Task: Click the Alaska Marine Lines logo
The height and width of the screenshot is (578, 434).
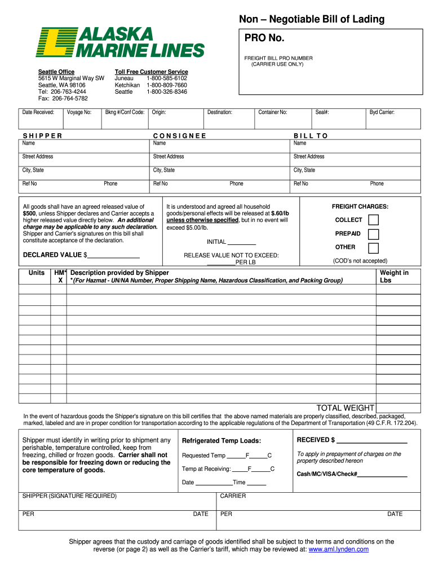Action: pyautogui.click(x=120, y=42)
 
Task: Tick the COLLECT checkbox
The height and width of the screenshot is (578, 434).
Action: pyautogui.click(x=373, y=220)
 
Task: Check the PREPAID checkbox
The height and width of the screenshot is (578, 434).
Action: pyautogui.click(x=373, y=234)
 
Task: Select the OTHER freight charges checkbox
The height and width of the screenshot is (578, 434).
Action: pyautogui.click(x=373, y=248)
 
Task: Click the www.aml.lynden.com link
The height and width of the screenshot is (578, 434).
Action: pyautogui.click(x=339, y=549)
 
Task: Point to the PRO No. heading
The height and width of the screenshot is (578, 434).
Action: pyautogui.click(x=264, y=38)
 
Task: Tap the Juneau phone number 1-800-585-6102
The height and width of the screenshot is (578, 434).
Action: pyautogui.click(x=167, y=78)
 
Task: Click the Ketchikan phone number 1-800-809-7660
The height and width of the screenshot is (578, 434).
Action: pyautogui.click(x=167, y=85)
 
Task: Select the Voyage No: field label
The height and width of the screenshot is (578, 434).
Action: pyautogui.click(x=79, y=112)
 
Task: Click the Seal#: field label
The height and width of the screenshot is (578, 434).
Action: pyautogui.click(x=322, y=112)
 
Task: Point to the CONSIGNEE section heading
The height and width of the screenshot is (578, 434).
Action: pyautogui.click(x=180, y=136)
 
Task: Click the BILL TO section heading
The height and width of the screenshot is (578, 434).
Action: pyautogui.click(x=311, y=136)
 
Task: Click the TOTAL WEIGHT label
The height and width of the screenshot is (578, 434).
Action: pyautogui.click(x=345, y=408)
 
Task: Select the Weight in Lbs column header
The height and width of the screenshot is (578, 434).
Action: pyautogui.click(x=394, y=277)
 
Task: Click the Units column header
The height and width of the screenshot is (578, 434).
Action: pyautogui.click(x=37, y=273)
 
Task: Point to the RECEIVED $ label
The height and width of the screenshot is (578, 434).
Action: pyautogui.click(x=316, y=440)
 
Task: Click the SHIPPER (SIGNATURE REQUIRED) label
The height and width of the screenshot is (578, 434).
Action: pyautogui.click(x=69, y=496)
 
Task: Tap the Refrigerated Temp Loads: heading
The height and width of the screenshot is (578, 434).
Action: pyautogui.click(x=222, y=441)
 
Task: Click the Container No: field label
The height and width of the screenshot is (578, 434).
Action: pyautogui.click(x=273, y=112)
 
